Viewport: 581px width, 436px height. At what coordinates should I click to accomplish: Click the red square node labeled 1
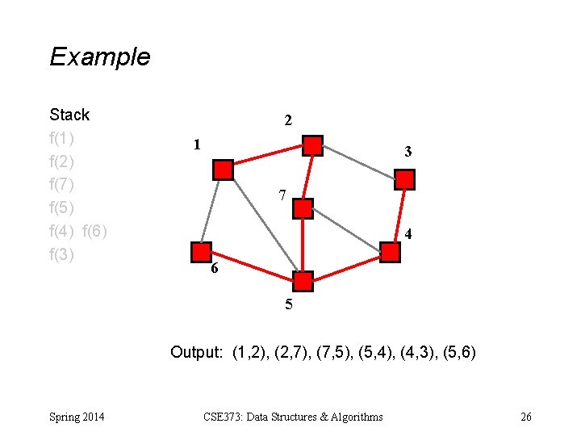(x=223, y=170)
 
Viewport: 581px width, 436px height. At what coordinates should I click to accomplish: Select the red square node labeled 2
(x=312, y=146)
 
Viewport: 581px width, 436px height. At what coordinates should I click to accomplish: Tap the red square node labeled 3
(x=404, y=179)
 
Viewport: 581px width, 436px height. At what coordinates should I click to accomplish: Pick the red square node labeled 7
(x=303, y=209)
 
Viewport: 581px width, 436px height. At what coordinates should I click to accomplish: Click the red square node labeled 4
(x=390, y=252)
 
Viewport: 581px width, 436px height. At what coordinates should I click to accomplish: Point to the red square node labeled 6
(x=202, y=252)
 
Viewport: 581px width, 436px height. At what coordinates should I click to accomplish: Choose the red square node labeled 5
(x=303, y=281)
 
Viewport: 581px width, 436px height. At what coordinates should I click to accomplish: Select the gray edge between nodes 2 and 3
(x=358, y=162)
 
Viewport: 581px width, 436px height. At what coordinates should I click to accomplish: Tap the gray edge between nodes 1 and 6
(x=212, y=211)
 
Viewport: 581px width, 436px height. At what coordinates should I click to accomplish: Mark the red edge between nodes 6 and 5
(x=252, y=266)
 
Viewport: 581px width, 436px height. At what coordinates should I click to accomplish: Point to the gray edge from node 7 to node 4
(x=346, y=230)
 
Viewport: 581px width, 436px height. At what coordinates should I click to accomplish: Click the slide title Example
(x=99, y=57)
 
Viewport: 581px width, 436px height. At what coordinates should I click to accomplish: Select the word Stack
(x=69, y=115)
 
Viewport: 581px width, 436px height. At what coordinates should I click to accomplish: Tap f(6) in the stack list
(x=94, y=231)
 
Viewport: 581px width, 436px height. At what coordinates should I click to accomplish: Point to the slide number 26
(x=526, y=417)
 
